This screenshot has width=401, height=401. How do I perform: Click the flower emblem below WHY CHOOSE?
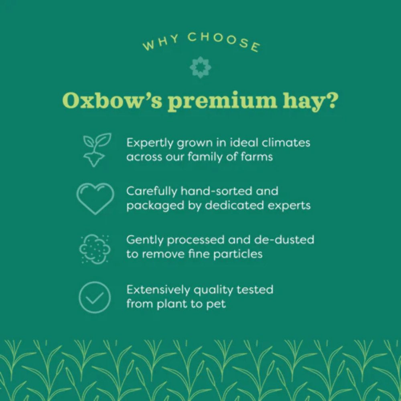click(x=200, y=67)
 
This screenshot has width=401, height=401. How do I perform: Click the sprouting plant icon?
click(x=96, y=149)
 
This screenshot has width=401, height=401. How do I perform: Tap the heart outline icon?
click(x=95, y=198)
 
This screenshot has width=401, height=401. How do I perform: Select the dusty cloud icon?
click(x=95, y=249)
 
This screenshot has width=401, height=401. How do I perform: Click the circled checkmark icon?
click(x=95, y=297)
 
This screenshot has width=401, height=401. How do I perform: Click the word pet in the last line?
click(x=216, y=304)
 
